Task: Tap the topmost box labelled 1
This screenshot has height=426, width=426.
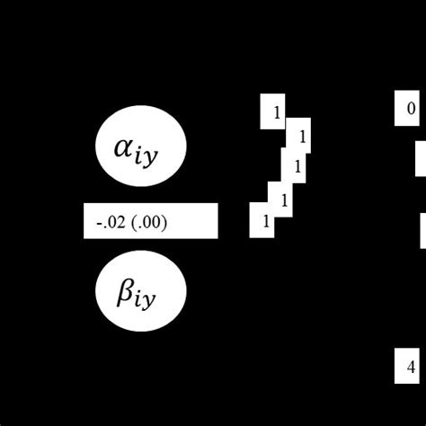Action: (273, 111)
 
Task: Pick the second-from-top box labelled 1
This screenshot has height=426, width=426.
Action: (300, 137)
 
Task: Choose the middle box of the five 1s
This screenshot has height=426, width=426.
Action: (295, 167)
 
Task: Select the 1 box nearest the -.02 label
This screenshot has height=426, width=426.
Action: (262, 220)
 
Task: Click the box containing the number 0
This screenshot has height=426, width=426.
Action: (409, 110)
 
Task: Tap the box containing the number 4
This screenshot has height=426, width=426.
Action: (409, 367)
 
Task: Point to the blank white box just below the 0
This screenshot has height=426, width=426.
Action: (421, 159)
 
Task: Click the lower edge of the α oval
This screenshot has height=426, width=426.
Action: (141, 185)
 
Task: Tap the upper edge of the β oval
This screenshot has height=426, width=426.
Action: (141, 228)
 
